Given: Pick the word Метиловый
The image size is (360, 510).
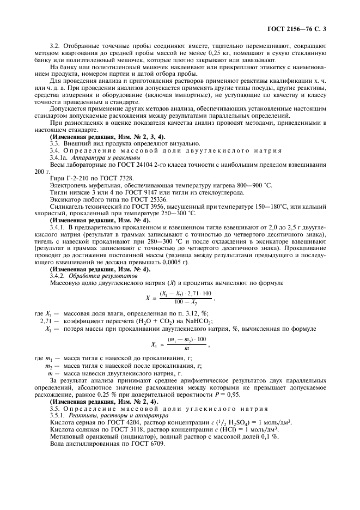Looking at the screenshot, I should pos(66,436).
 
